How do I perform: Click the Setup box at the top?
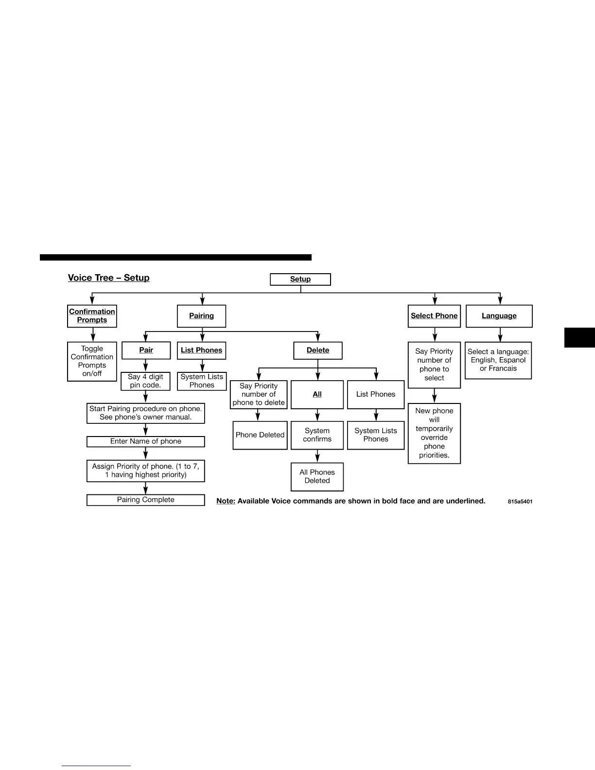300,280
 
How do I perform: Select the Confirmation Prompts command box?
92,316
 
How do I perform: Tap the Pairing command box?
201,316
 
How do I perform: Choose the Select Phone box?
434,316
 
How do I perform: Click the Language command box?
499,316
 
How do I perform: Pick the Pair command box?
146,350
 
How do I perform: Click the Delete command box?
318,350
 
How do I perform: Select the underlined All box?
317,394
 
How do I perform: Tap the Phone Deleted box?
260,435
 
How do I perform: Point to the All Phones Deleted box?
317,476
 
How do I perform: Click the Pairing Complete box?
145,500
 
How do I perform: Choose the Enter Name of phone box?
145,441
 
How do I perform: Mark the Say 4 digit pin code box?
145,381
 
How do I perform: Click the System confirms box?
317,435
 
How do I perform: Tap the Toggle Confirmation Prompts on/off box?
92,361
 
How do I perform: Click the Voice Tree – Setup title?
108,278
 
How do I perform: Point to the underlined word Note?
226,501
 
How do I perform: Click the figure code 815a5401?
520,502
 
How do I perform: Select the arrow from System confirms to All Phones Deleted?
317,456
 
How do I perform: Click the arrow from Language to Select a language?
500,335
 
